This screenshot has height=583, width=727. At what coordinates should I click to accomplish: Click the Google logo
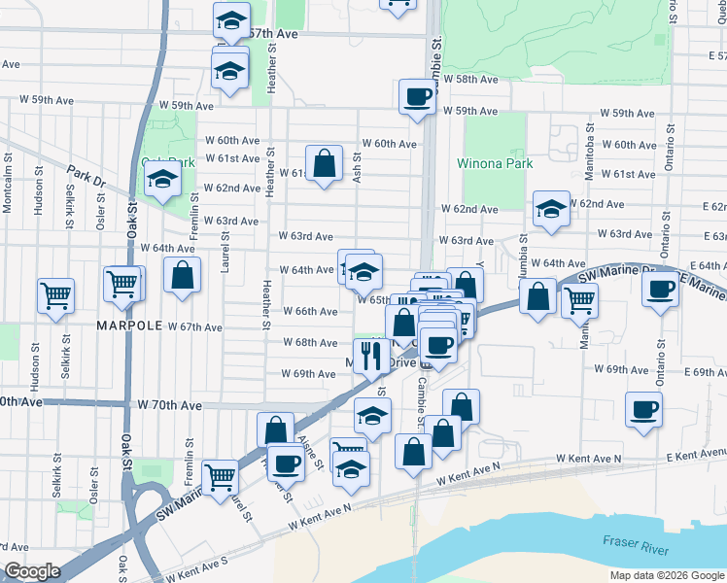(31, 571)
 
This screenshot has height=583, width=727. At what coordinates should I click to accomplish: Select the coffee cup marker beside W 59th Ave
(418, 96)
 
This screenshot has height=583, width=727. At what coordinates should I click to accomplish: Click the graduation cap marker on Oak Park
(163, 179)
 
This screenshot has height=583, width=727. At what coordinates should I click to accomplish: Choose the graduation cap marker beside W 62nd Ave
(551, 208)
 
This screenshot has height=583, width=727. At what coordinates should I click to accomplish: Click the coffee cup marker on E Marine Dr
(661, 289)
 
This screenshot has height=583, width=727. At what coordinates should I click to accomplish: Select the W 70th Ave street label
(169, 404)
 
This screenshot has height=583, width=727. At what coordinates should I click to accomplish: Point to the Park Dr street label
(86, 176)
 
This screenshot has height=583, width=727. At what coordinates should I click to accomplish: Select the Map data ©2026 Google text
(666, 575)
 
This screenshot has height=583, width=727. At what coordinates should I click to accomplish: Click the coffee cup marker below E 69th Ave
(643, 408)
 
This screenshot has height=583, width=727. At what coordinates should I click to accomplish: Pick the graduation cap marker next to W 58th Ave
(229, 71)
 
